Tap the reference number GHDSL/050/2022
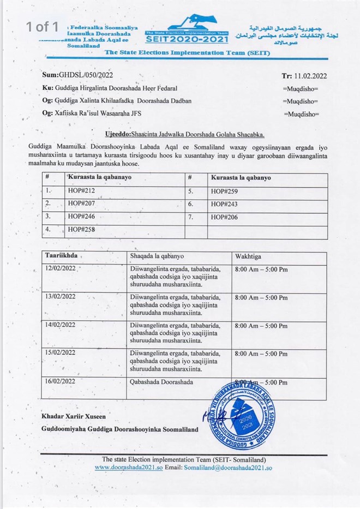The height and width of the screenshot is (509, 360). (x=78, y=75)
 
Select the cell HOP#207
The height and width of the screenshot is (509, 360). (x=80, y=203)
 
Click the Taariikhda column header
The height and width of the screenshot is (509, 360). (x=62, y=255)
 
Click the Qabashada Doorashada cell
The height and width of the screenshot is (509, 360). (x=161, y=382)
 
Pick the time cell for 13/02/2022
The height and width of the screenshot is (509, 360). (x=260, y=297)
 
